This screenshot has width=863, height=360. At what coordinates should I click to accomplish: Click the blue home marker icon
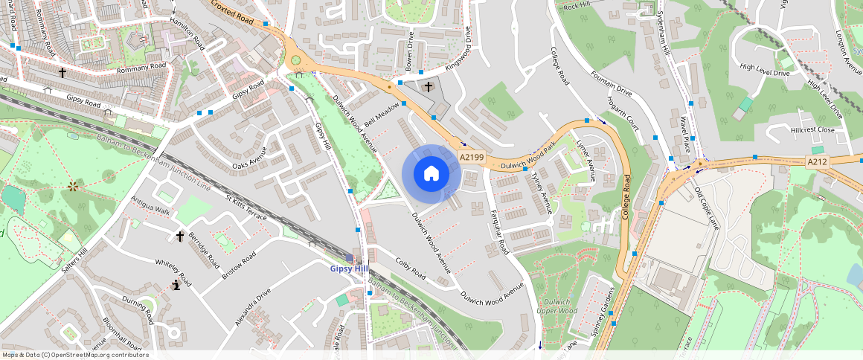[x=431, y=174]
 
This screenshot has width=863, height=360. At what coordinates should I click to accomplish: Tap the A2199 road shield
[x=472, y=158]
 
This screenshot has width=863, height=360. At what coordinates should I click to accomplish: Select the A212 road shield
[x=817, y=161]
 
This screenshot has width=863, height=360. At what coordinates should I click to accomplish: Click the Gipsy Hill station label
[x=349, y=269]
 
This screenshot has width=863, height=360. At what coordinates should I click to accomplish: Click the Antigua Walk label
[x=150, y=206]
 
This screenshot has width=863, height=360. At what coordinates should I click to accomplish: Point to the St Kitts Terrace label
[x=246, y=208]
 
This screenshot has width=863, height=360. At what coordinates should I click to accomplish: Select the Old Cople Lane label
[x=708, y=202]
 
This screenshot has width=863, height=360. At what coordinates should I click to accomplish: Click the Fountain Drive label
[x=611, y=85]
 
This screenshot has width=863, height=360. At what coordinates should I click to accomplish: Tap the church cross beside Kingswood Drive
[x=428, y=87]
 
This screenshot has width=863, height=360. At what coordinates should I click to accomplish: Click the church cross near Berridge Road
[x=180, y=236]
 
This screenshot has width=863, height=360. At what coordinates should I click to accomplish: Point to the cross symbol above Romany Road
[x=62, y=73]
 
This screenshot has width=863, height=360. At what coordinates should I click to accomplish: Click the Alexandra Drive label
[x=253, y=307]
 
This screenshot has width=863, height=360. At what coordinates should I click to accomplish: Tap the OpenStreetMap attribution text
[x=75, y=355]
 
